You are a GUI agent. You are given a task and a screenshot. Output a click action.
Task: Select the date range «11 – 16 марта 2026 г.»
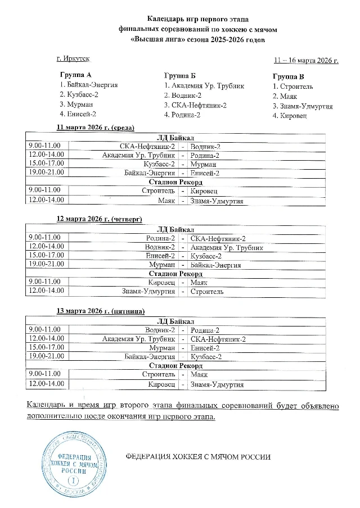coord(305,60)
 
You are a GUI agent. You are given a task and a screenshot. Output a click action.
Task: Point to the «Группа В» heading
coord(289,76)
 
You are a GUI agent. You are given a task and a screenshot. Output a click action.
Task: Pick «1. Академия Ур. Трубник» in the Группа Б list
coord(204,85)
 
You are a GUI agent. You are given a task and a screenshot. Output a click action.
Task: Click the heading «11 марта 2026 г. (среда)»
coord(96,128)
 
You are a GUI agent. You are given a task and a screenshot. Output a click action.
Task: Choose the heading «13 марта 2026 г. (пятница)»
coord(100,311)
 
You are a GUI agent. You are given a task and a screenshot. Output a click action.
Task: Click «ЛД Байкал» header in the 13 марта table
coord(175,321)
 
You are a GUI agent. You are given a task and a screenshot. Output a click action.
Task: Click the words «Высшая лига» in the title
coord(152,40)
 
